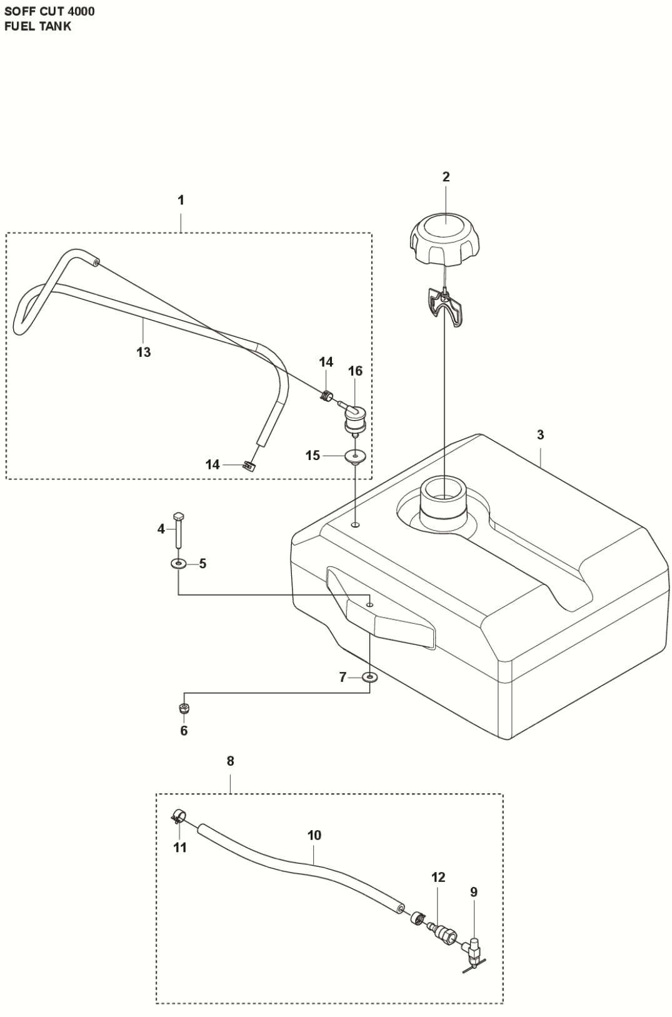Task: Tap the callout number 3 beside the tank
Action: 540,435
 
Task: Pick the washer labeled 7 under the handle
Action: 370,677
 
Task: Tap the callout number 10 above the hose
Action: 314,835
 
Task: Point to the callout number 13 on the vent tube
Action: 144,353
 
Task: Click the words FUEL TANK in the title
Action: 38,26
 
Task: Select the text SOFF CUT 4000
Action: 49,11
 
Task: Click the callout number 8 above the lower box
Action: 231,761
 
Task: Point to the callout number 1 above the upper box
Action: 181,201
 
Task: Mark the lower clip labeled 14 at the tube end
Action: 249,465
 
